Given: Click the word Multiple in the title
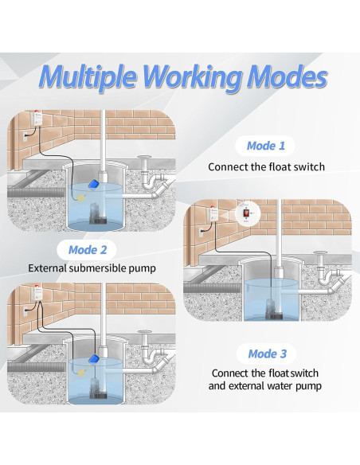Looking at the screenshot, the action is coord(88,77).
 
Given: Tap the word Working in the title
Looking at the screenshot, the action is coord(192,78).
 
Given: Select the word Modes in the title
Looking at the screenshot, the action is coord(287,76).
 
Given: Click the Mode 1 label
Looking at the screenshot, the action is coord(266,146).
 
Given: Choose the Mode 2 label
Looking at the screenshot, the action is coord(88,250).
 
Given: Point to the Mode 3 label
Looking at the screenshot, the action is coord(267,354).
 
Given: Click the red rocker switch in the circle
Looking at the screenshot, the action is coord(247,213).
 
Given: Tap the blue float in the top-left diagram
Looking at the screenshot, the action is coord(93,184).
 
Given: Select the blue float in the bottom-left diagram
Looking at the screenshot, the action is coord(94,359).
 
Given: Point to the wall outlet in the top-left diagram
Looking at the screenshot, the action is coord(25,136).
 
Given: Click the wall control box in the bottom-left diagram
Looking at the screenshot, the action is coord(37,293).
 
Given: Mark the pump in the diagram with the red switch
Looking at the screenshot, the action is coord(271,308).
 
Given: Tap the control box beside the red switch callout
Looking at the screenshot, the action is coord(213,215).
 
